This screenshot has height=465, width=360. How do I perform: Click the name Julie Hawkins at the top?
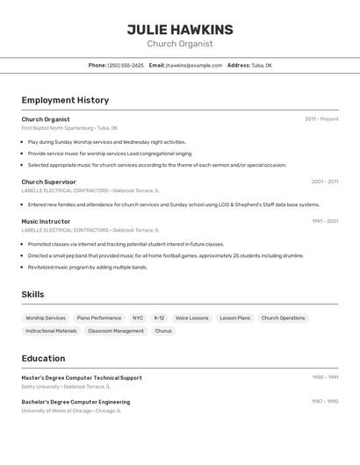click(x=180, y=29)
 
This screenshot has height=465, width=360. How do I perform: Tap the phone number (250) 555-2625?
click(x=126, y=65)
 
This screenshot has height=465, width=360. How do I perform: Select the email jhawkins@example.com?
click(x=194, y=65)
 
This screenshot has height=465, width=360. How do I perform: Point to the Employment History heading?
click(x=65, y=100)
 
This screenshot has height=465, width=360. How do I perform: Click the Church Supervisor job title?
click(x=48, y=182)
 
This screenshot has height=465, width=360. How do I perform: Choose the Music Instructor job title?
click(x=46, y=221)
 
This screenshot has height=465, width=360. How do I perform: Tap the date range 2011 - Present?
click(x=321, y=118)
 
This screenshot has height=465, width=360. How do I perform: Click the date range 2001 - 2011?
click(x=324, y=182)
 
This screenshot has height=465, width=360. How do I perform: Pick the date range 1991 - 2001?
click(x=324, y=221)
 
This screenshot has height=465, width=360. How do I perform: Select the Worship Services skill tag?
click(x=46, y=318)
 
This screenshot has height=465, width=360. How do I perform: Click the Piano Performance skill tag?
click(x=99, y=318)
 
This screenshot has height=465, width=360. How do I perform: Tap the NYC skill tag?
click(x=138, y=318)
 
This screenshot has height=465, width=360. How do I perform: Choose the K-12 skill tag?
click(x=159, y=318)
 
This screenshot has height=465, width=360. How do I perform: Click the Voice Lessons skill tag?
click(x=191, y=318)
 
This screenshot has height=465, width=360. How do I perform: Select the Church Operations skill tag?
click(x=283, y=318)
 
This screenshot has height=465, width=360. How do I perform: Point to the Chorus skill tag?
click(x=163, y=331)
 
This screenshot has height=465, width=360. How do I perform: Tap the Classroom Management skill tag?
click(x=116, y=331)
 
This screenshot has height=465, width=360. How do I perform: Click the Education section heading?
click(x=43, y=358)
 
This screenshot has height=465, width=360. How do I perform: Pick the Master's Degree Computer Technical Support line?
click(x=82, y=377)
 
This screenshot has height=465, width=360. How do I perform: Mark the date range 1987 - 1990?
click(x=324, y=401)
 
